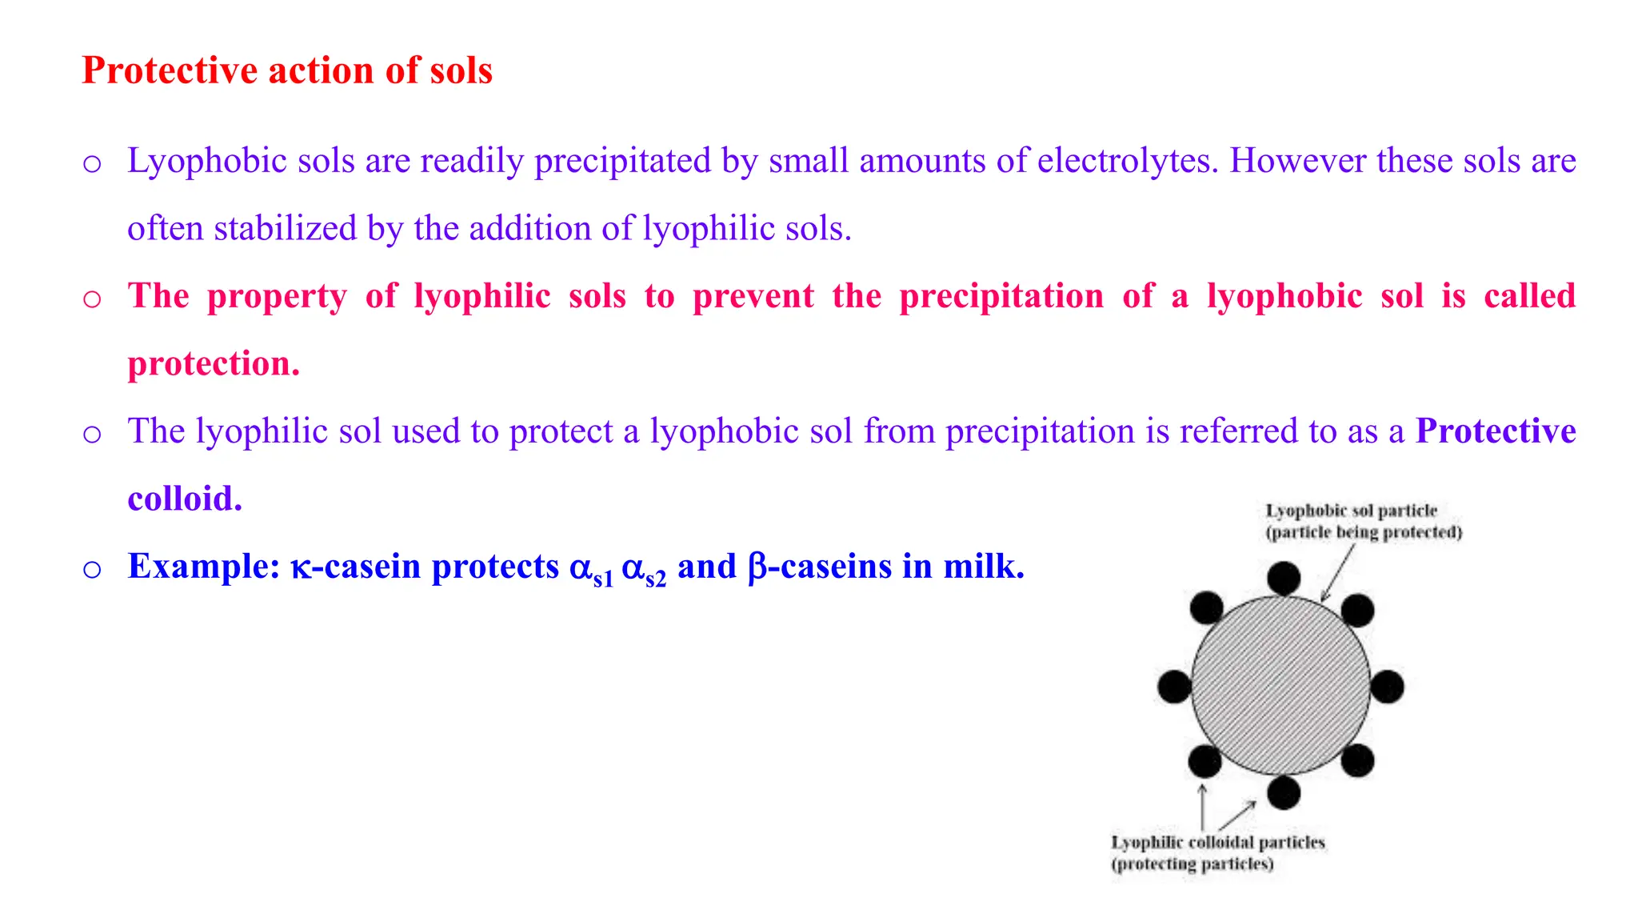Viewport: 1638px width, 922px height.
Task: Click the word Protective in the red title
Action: tap(170, 70)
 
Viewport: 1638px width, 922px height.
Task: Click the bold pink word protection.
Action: tap(214, 364)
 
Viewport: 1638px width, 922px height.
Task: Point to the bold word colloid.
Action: tap(185, 499)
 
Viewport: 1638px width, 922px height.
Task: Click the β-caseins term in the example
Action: tap(820, 567)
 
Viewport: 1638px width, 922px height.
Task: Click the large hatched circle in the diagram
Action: tap(1280, 685)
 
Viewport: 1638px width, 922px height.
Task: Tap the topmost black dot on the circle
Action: tap(1284, 578)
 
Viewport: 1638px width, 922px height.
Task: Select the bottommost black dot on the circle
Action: tap(1284, 792)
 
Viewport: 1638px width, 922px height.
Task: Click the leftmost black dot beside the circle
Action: tap(1174, 687)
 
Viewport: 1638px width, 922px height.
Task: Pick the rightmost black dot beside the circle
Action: tap(1387, 687)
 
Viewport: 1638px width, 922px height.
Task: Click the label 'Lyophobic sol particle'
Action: tap(1351, 511)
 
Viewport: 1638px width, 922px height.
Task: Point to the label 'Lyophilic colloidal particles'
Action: tap(1217, 842)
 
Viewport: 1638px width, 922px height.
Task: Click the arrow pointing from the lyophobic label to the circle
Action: tap(1337, 573)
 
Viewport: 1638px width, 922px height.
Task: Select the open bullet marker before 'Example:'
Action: tap(92, 569)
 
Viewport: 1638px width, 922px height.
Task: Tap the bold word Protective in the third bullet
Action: tap(1496, 431)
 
